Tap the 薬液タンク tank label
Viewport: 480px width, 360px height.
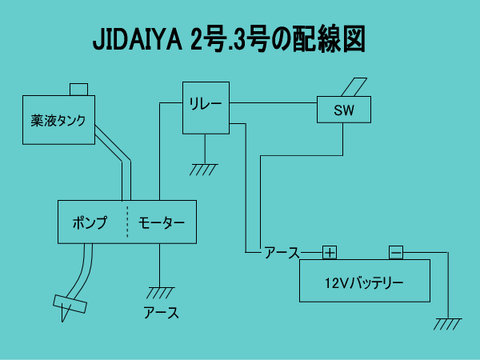[x=58, y=121]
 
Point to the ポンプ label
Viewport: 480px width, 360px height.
[x=90, y=222]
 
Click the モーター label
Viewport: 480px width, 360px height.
[x=162, y=223]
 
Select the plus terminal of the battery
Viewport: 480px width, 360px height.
[x=330, y=253]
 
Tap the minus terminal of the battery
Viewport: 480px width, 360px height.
[x=396, y=253]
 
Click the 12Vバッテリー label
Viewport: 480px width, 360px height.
[x=364, y=283]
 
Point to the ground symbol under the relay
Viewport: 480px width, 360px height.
[x=203, y=170]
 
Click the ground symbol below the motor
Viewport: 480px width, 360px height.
[x=160, y=293]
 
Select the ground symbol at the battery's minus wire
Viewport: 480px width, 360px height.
[x=447, y=324]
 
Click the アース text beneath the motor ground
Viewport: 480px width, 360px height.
[x=162, y=313]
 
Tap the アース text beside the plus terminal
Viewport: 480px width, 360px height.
[x=282, y=253]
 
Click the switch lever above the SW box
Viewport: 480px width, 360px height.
[x=354, y=87]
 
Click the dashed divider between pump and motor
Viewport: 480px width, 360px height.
[x=127, y=222]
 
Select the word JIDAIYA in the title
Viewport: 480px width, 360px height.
[x=138, y=40]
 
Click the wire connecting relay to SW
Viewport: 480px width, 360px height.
[x=273, y=103]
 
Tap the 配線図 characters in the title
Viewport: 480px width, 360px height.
[x=329, y=39]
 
